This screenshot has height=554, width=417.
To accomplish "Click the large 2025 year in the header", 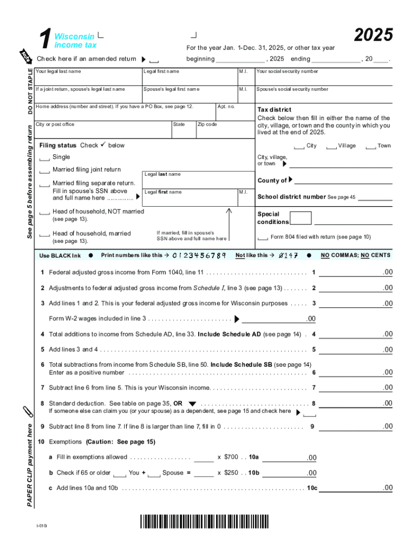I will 373,35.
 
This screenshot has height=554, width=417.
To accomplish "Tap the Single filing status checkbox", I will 44,157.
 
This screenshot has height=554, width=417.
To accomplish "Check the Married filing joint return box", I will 44,170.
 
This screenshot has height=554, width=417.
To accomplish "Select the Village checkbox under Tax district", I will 331,146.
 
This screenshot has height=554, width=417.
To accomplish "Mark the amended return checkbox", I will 154,60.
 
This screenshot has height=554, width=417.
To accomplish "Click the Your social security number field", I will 323,78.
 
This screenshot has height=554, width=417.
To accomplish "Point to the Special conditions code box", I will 301,218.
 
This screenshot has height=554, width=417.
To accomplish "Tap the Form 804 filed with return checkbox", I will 263,238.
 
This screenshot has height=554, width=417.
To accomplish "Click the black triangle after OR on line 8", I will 192,404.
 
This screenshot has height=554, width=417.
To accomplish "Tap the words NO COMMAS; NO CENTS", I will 356,255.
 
